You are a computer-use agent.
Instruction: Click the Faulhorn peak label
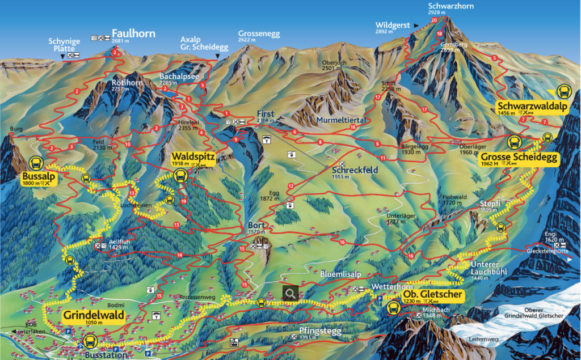pyautogui.click(x=133, y=33)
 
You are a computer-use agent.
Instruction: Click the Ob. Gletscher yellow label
pyautogui.click(x=433, y=295)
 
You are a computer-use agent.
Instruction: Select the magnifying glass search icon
pyautogui.click(x=290, y=294)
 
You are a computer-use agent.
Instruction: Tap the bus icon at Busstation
pyautogui.click(x=90, y=342)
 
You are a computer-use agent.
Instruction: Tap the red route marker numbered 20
pyautogui.click(x=435, y=20)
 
